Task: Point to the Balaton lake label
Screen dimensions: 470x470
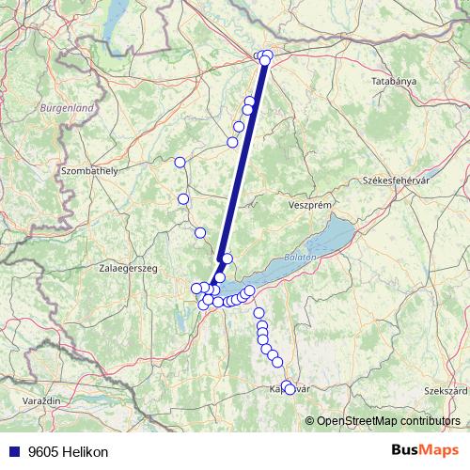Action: [x=300, y=256]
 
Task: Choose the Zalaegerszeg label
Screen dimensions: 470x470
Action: [x=129, y=268]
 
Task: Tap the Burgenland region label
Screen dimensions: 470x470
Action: [x=67, y=109]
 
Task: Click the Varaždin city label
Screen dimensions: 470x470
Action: [x=40, y=400]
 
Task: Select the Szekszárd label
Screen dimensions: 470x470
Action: [x=446, y=389]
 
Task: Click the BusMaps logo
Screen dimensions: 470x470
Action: [x=426, y=451]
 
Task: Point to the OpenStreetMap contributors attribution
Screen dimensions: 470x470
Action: [x=388, y=420]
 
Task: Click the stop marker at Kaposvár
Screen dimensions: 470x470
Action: [x=290, y=387]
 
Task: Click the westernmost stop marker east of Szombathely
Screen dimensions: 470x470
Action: [x=180, y=162]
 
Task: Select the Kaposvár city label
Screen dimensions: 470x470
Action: [x=288, y=389]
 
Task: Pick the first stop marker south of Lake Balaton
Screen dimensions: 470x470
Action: [x=258, y=313]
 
